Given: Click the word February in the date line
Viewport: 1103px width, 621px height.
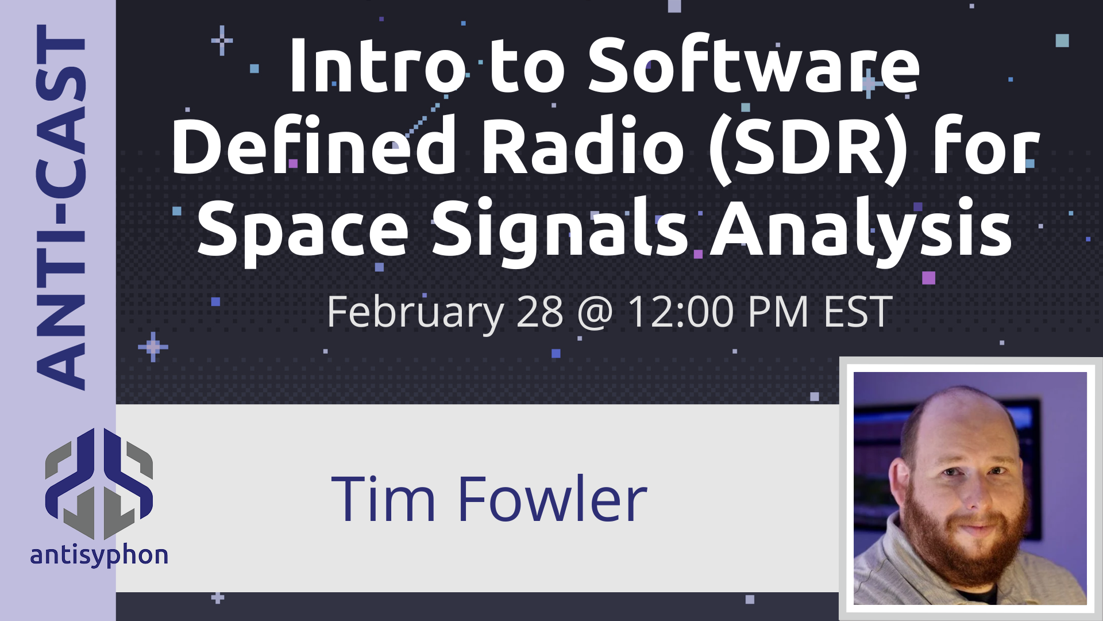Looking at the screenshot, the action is (415, 312).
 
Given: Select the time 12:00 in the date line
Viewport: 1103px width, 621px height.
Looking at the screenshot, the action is (681, 312).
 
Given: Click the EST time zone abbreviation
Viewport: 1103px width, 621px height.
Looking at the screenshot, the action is (858, 312).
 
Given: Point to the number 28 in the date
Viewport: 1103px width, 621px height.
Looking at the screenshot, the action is (540, 312).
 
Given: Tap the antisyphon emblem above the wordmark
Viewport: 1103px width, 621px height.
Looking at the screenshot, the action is (99, 484).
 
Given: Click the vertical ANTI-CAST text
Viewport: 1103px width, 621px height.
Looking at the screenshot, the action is (60, 207).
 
